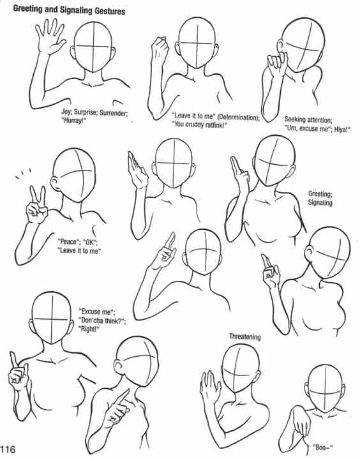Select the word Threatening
tap(244, 336)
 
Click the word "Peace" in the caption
tap(68, 242)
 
